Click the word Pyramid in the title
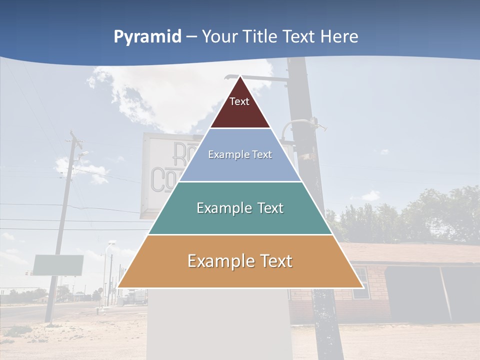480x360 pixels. [x=147, y=37]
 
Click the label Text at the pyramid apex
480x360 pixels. [x=239, y=101]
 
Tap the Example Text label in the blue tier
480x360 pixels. [x=240, y=154]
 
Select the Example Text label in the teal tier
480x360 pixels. [x=240, y=208]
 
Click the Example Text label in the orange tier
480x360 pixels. [x=240, y=261]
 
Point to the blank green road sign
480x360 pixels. [x=58, y=265]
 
